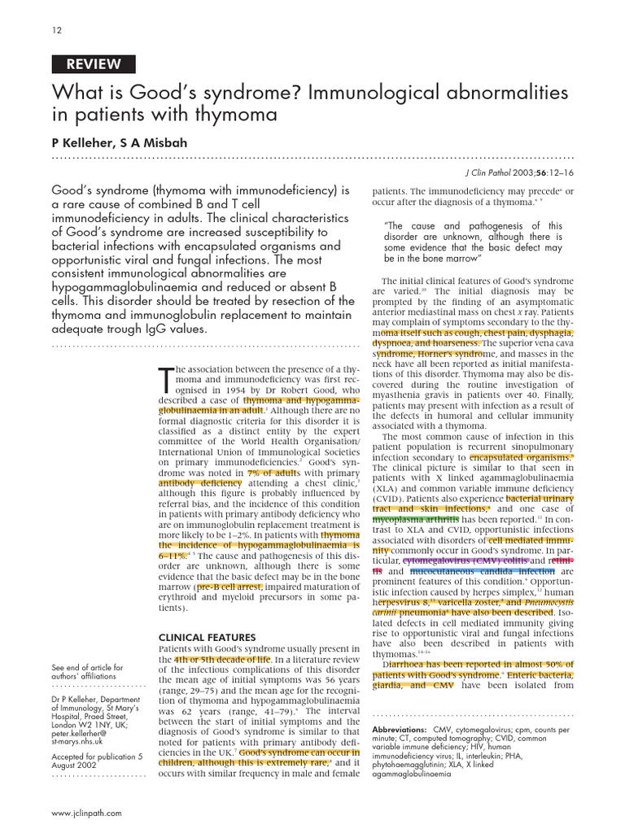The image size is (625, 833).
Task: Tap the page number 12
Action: tap(55, 30)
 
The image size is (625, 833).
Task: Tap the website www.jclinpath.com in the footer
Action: tap(86, 813)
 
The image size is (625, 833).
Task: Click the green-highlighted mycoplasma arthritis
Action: tap(415, 518)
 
